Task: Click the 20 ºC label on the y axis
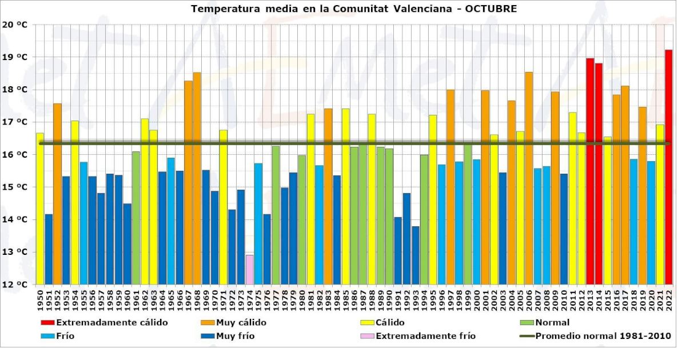(x=15, y=25)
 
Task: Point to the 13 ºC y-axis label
(x=15, y=252)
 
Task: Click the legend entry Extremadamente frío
(x=426, y=336)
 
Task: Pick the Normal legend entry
(x=552, y=323)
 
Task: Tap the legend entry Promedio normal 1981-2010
(x=603, y=336)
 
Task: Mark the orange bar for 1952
(x=57, y=194)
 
